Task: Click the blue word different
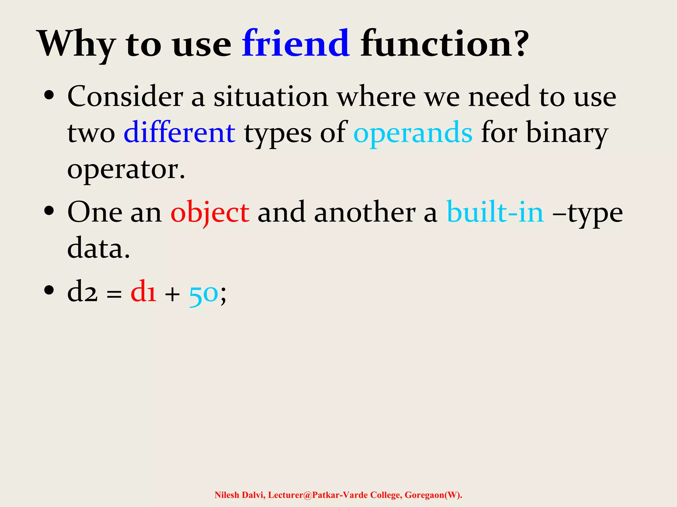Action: pyautogui.click(x=179, y=133)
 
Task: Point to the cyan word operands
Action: pyautogui.click(x=413, y=133)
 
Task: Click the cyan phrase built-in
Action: pyautogui.click(x=495, y=212)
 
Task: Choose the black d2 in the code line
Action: pyautogui.click(x=82, y=292)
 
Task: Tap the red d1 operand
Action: pyautogui.click(x=143, y=292)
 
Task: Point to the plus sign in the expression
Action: pyautogui.click(x=172, y=294)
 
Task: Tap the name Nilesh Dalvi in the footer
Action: pyautogui.click(x=240, y=495)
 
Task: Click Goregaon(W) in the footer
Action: pyautogui.click(x=433, y=495)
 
